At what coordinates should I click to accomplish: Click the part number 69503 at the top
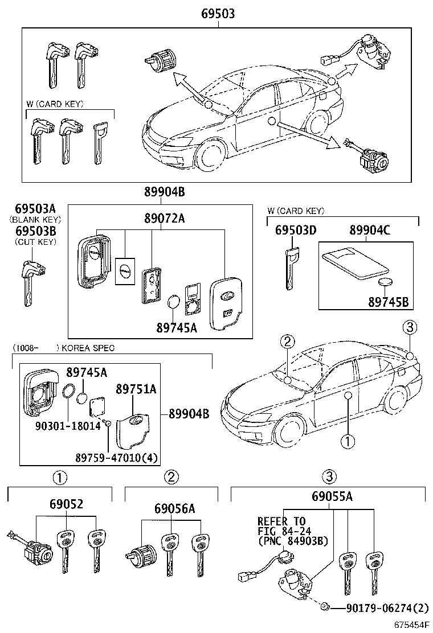coord(217,13)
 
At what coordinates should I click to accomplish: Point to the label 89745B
coord(387,302)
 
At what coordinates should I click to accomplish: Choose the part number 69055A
coord(332,497)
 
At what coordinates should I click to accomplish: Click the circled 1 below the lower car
coord(347,440)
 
